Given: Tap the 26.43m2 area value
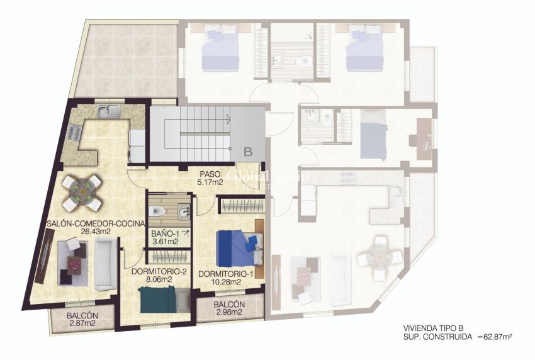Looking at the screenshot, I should [x=97, y=231].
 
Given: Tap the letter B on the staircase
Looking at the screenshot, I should [x=247, y=151].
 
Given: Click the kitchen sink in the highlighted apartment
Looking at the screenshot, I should [x=108, y=112].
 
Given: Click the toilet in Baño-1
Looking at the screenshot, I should [x=160, y=211].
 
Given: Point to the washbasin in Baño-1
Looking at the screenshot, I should [x=184, y=213].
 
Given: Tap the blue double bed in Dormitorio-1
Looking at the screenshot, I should [x=238, y=248].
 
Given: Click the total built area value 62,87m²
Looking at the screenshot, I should [x=495, y=337].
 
